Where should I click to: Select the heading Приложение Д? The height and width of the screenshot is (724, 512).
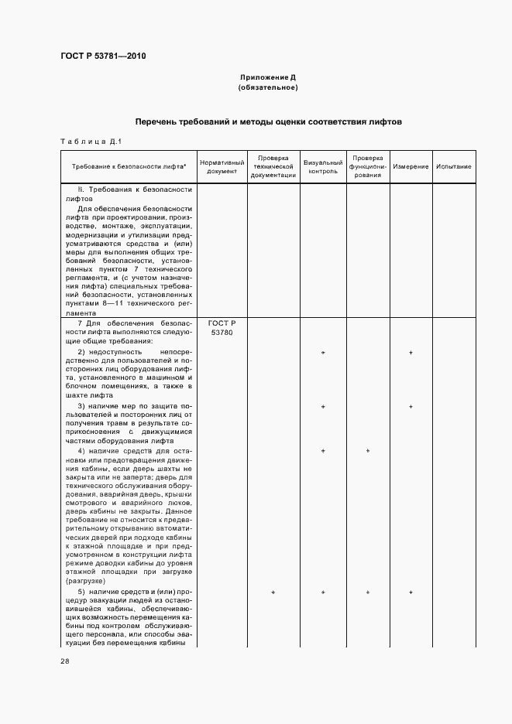click(268, 77)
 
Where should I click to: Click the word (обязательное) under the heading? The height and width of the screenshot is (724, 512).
click(268, 87)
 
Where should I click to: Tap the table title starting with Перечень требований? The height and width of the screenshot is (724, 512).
click(268, 122)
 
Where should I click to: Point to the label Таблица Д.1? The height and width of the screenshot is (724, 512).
click(88, 141)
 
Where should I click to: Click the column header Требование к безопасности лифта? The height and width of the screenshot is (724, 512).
click(129, 167)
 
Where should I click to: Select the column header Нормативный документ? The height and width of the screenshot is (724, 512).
click(222, 167)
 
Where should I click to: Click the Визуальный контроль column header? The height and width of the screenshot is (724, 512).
click(323, 167)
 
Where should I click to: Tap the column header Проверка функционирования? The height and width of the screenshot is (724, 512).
click(368, 167)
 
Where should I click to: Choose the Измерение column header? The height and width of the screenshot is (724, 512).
click(411, 167)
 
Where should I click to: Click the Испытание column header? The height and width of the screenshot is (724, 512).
click(454, 167)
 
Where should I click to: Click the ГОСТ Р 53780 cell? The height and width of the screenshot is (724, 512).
click(222, 327)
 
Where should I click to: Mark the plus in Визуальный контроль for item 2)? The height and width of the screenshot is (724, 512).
click(323, 353)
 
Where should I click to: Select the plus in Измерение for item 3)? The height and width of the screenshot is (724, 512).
click(411, 407)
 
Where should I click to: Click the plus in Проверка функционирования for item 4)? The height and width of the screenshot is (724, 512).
click(368, 451)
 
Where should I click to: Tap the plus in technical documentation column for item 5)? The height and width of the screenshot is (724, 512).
click(273, 593)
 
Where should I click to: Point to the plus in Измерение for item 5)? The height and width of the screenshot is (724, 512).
click(411, 593)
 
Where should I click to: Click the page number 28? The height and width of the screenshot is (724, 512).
click(65, 661)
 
